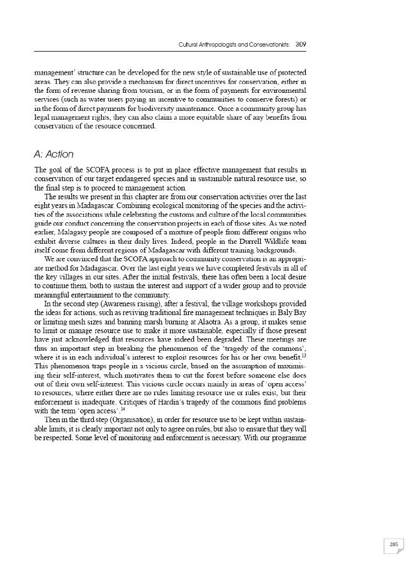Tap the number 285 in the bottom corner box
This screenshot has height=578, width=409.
pos(393,545)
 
